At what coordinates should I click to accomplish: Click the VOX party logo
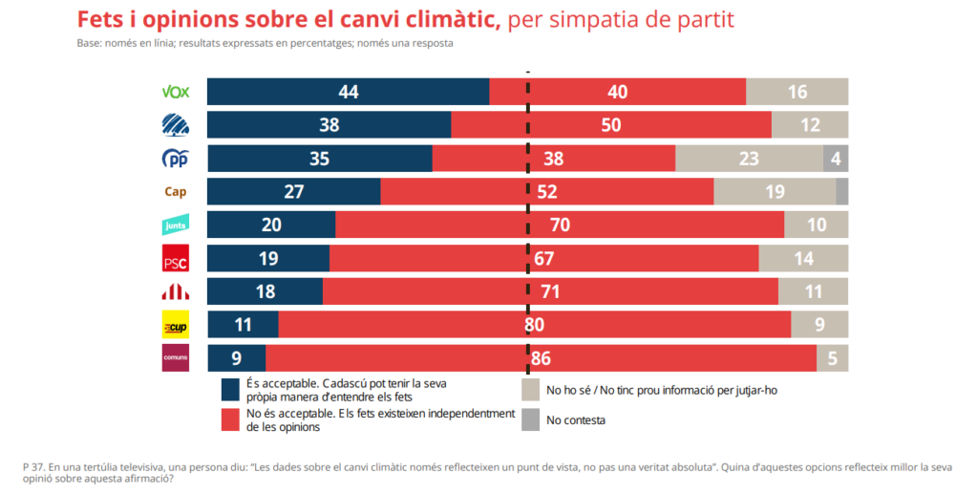(x=176, y=92)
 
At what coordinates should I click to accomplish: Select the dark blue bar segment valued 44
(x=348, y=92)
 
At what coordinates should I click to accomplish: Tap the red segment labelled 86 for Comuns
(x=541, y=358)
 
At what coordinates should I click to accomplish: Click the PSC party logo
(x=176, y=259)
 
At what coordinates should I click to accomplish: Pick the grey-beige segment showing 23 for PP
(x=749, y=159)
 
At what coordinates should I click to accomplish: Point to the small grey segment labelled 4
(x=836, y=159)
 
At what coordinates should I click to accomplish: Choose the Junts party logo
(x=176, y=225)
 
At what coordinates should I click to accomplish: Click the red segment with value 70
(x=560, y=225)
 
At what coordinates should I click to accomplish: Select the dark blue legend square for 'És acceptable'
(x=230, y=389)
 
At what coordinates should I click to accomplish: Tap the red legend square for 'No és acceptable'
(x=230, y=420)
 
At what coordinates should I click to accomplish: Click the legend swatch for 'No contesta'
(x=530, y=419)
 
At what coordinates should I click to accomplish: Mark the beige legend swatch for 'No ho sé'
(x=530, y=390)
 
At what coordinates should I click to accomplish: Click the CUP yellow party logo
(x=176, y=325)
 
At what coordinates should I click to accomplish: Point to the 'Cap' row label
(x=176, y=191)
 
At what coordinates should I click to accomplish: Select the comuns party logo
(x=176, y=358)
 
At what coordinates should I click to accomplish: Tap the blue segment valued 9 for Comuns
(x=236, y=358)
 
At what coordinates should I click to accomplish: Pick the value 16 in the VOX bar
(x=797, y=92)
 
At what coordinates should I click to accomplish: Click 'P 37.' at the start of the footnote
(x=33, y=465)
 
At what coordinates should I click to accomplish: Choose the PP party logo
(x=176, y=159)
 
